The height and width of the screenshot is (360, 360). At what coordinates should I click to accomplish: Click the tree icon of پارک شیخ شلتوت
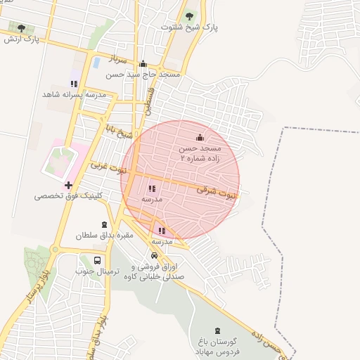pos(188,15)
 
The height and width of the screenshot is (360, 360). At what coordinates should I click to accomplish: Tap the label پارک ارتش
pos(20,39)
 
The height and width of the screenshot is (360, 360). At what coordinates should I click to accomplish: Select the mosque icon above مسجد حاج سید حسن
pos(143,63)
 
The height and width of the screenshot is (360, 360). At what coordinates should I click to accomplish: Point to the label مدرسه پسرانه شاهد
pos(74,94)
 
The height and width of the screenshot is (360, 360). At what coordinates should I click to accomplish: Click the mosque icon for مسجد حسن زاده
pos(199,137)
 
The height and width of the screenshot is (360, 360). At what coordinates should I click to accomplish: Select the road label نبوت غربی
pos(109,169)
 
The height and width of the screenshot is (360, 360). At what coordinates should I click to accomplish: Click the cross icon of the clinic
pos(68,186)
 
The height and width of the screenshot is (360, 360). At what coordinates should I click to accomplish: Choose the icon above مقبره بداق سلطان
pos(104,224)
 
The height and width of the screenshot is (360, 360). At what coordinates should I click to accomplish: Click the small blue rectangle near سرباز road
pos(96,62)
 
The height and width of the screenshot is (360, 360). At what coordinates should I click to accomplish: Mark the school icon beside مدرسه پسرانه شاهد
pos(74,83)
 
